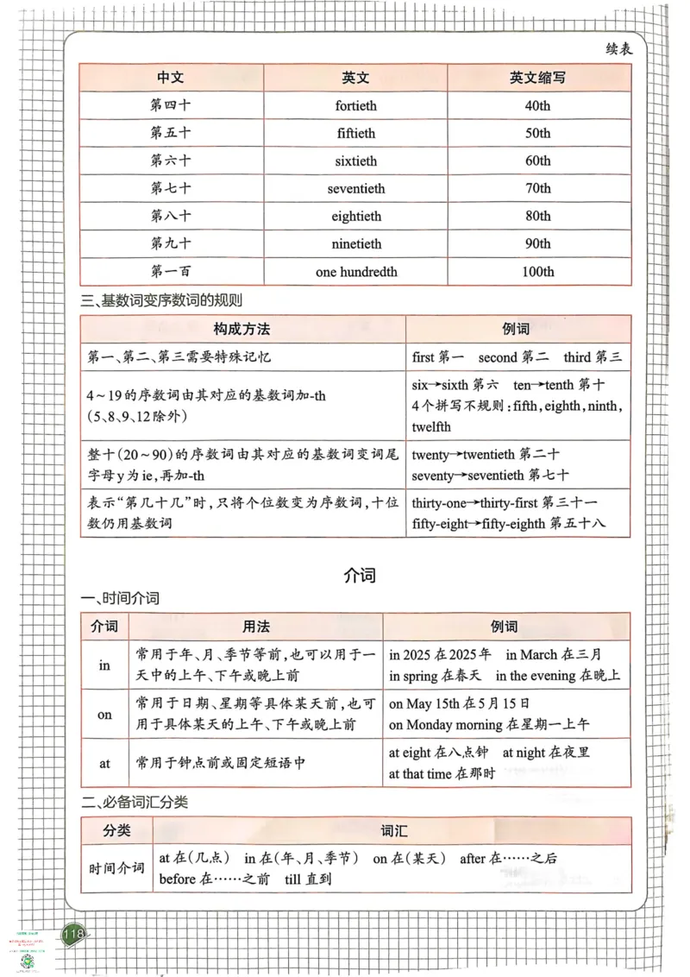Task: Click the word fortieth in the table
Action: click(355, 106)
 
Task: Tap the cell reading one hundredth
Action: click(356, 272)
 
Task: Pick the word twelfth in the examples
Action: click(431, 426)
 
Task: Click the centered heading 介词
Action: click(359, 574)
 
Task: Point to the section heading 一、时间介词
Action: click(120, 598)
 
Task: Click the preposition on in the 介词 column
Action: click(104, 715)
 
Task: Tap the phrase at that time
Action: click(420, 774)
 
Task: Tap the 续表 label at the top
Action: click(618, 49)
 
